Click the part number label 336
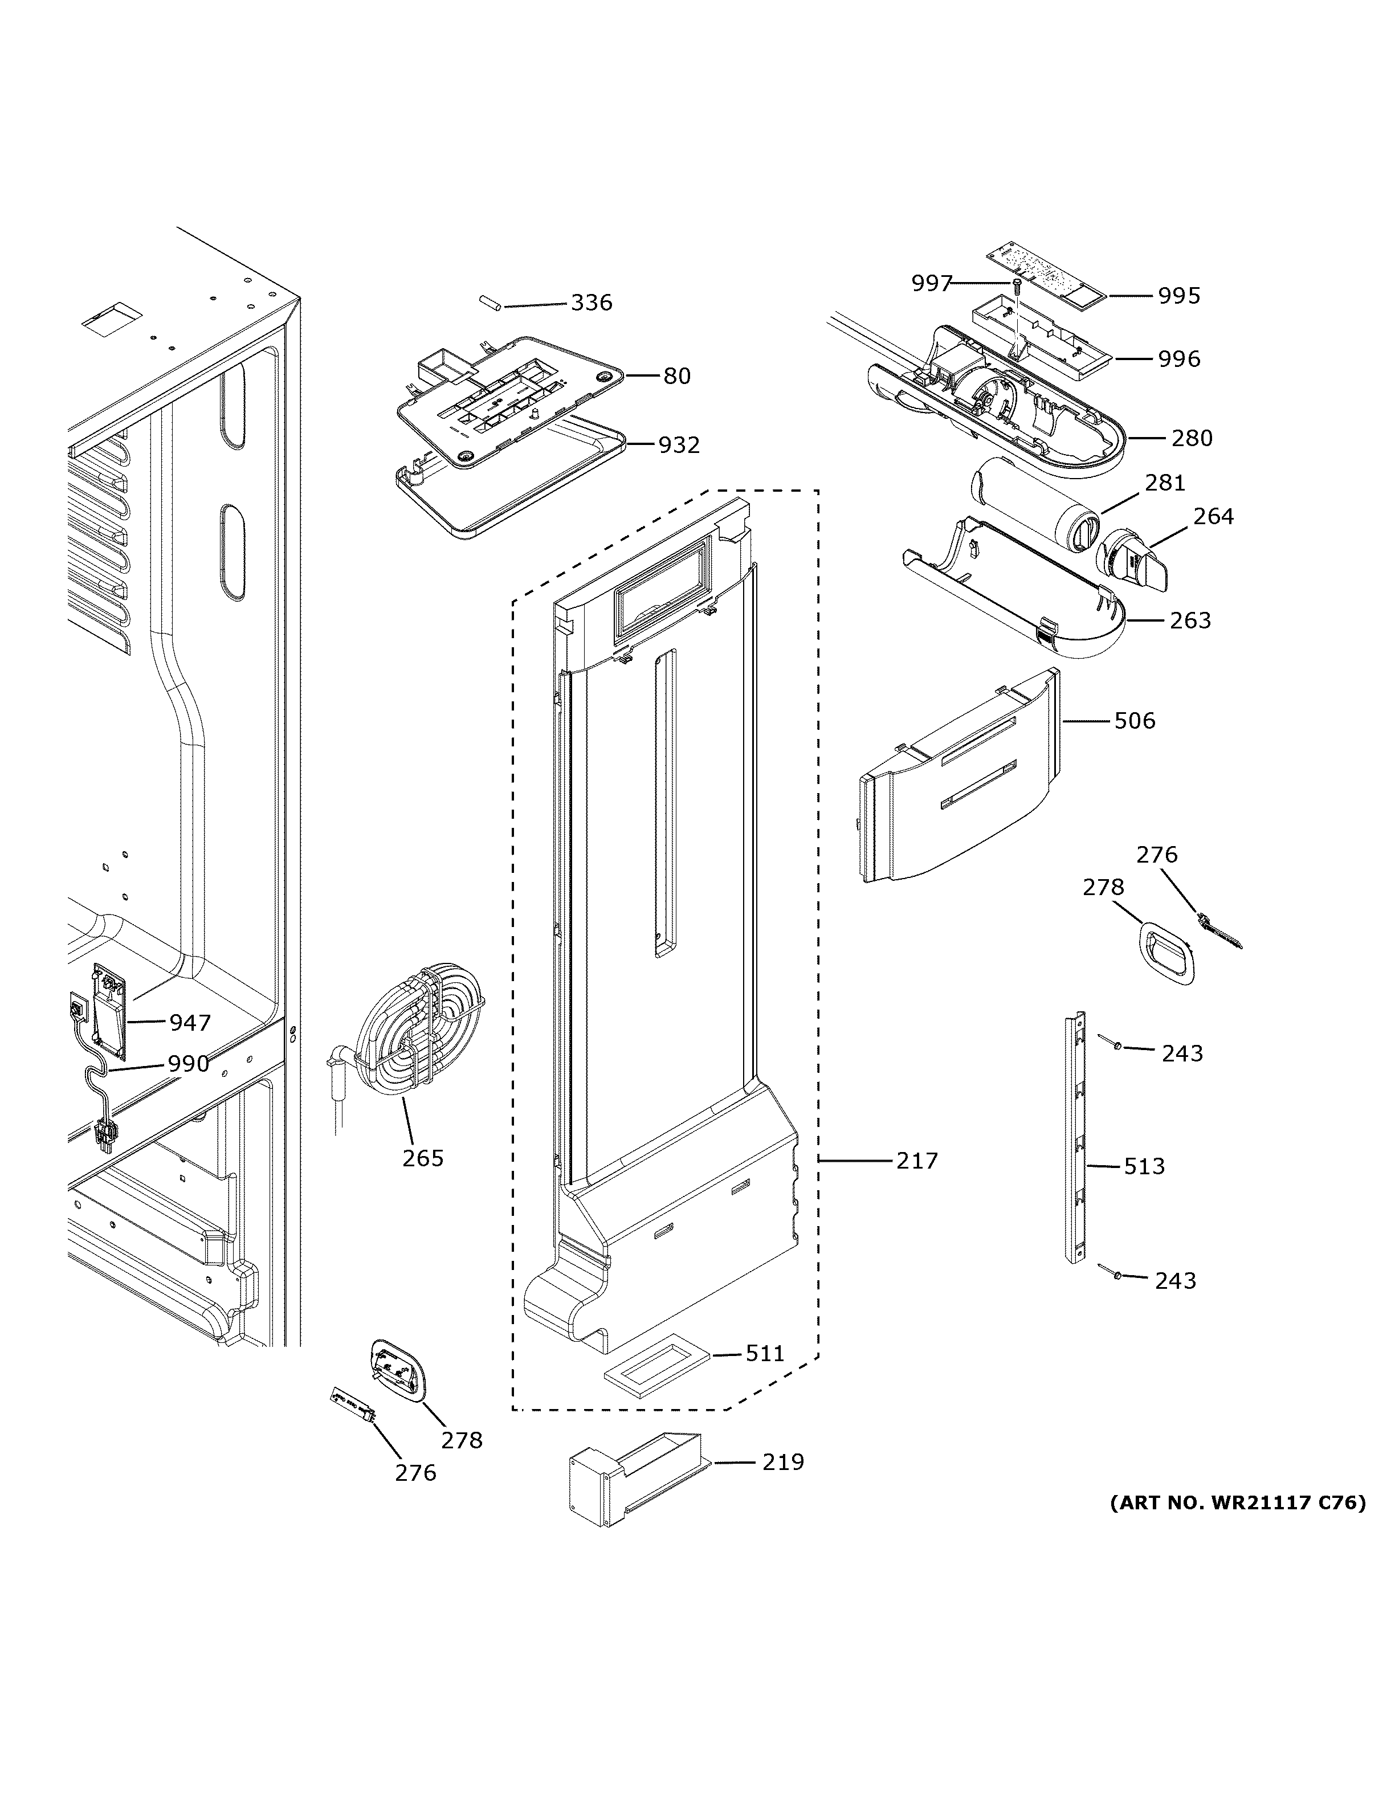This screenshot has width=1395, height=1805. pos(591,303)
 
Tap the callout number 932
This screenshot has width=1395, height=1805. pos(679,446)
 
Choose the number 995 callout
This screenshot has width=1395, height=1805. pos(1178,296)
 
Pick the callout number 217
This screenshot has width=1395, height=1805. pos(917,1161)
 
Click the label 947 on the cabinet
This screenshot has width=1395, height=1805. pos(190,1023)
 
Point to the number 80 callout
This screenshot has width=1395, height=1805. pos(677,376)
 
